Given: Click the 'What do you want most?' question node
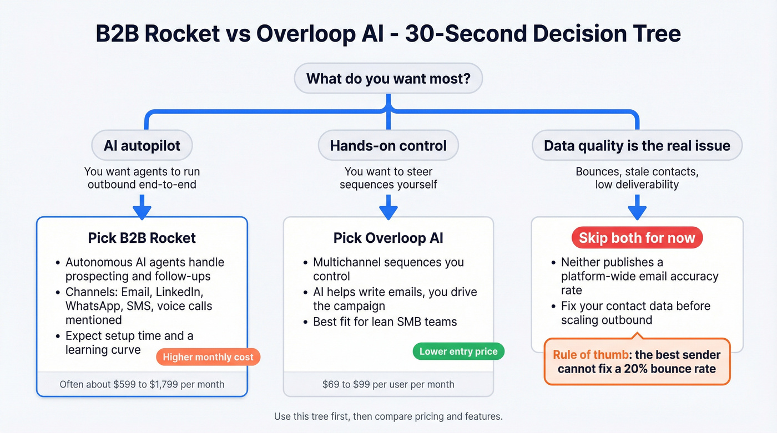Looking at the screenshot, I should click(x=388, y=79).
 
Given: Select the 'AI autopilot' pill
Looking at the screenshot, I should click(x=142, y=146).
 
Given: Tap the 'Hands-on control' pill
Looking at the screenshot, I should click(x=388, y=146).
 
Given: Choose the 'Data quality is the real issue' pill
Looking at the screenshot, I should click(x=637, y=146).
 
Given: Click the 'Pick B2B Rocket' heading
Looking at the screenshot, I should click(x=142, y=238).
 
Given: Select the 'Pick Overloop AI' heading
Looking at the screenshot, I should click(x=388, y=238).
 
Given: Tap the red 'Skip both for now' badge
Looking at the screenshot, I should click(x=637, y=238).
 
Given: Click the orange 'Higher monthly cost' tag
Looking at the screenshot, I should click(x=208, y=357).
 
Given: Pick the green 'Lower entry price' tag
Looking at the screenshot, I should click(x=458, y=352).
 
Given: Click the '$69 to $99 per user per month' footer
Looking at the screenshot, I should click(x=388, y=384).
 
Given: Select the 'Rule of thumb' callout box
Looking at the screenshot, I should click(x=637, y=361).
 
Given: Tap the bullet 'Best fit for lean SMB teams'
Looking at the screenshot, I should click(x=385, y=322).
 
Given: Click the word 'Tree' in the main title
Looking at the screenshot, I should click(x=652, y=34).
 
